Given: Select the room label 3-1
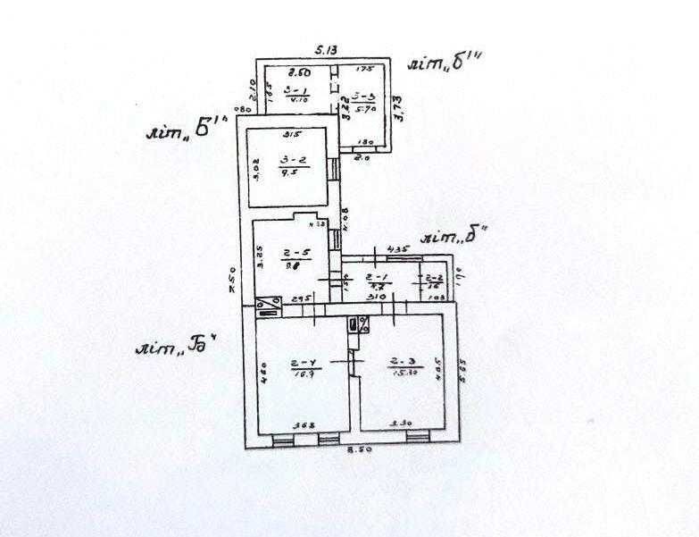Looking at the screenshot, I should click(x=294, y=91).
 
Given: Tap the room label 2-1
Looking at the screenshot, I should click(x=377, y=278).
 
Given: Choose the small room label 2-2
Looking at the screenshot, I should click(x=435, y=278).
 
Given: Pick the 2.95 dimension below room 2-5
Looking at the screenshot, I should click(x=302, y=298).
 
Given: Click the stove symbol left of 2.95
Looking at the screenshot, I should click(x=267, y=306).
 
